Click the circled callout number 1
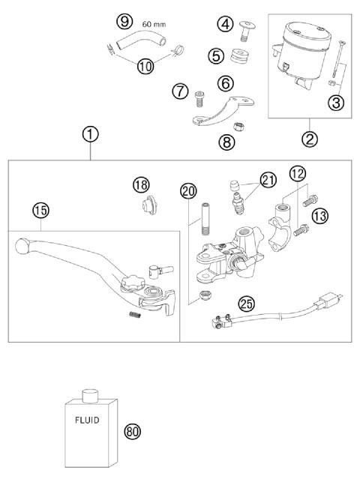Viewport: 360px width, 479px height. click(x=90, y=135)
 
